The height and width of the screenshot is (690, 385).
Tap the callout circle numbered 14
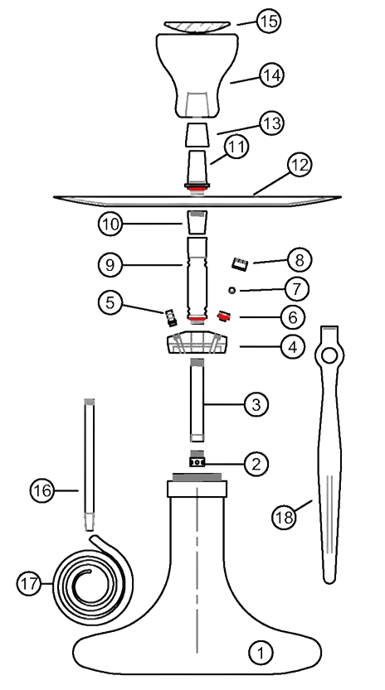[270, 75]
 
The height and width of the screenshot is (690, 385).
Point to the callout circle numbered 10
[110, 223]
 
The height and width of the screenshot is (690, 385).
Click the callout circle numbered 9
[110, 265]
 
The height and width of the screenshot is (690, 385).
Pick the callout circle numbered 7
[296, 289]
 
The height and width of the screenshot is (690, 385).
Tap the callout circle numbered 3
[256, 404]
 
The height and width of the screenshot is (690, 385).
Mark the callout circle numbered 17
[29, 583]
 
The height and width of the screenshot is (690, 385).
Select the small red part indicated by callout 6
[222, 316]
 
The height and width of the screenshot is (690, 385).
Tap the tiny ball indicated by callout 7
[233, 290]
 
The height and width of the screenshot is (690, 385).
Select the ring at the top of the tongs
[329, 356]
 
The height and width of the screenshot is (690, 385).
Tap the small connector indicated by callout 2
[197, 461]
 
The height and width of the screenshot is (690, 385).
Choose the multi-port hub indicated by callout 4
[197, 344]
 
